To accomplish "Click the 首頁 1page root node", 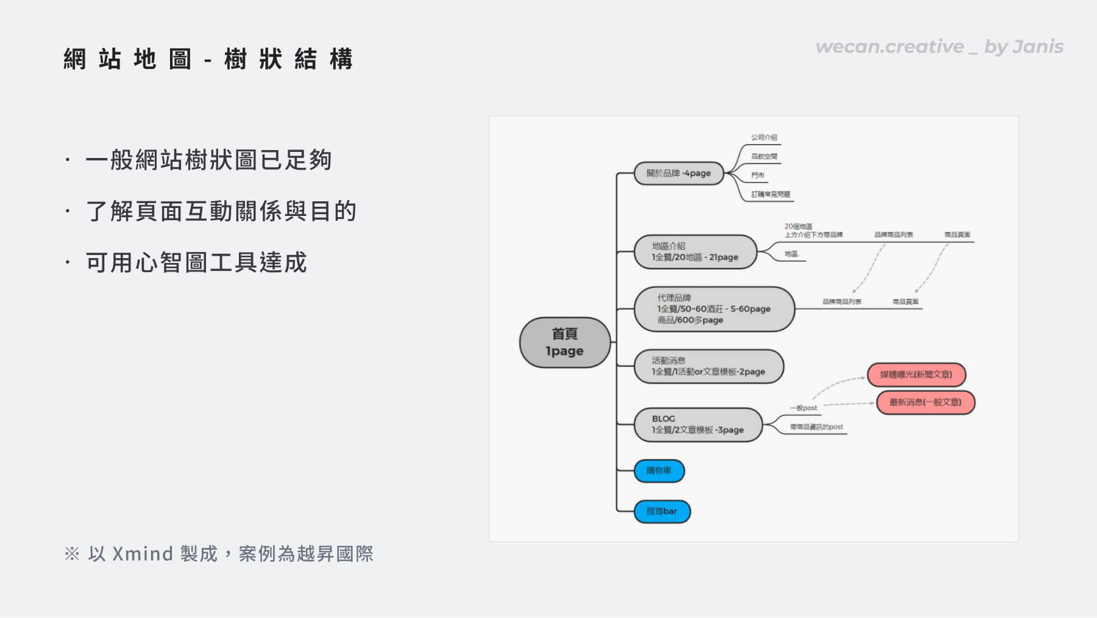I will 564,342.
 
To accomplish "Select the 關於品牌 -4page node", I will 678,173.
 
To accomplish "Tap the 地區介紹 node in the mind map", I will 695,251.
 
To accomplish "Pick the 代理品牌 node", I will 714,309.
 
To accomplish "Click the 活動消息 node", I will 708,366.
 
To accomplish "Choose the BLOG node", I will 697,424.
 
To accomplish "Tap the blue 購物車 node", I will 659,470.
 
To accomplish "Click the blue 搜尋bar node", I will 662,511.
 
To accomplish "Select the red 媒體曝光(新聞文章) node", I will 915,374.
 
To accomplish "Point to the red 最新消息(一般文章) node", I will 925,402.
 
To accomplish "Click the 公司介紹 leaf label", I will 764,137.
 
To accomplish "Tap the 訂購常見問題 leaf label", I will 770,194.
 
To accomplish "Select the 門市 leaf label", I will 758,175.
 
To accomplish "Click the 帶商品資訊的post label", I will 816,427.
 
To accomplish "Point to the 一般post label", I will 803,408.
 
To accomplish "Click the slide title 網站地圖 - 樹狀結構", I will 208,59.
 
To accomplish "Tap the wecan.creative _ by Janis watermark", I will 939,47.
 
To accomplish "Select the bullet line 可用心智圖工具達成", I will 196,262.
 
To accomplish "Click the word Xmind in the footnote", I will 143,553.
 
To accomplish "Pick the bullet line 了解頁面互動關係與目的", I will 221,211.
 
